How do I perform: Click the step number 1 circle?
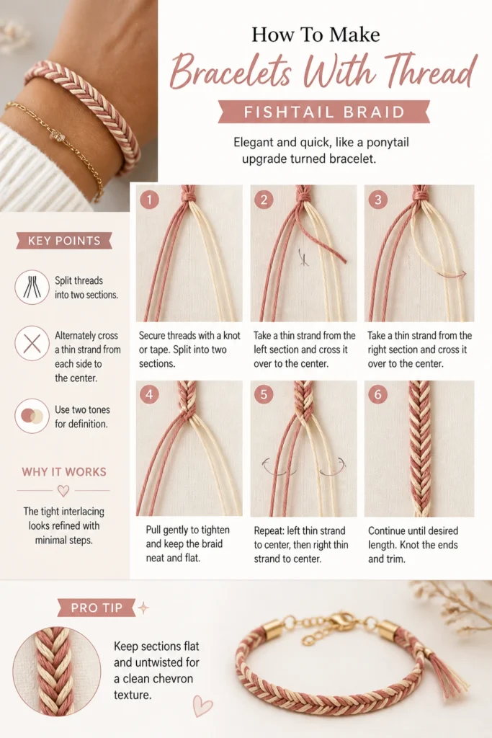click(149, 200)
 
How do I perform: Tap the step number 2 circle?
click(264, 200)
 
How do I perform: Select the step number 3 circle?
click(377, 200)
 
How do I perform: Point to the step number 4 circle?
click(149, 394)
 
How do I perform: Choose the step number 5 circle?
click(264, 394)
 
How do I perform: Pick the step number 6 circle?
click(377, 394)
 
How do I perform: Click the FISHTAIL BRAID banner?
click(324, 112)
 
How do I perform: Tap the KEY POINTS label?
click(64, 241)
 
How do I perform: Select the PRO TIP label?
click(97, 608)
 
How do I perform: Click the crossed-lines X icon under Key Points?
click(32, 343)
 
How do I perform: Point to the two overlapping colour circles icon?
click(32, 416)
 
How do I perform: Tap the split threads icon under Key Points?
click(32, 287)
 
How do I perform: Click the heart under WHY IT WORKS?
click(63, 491)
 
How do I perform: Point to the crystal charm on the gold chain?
click(58, 136)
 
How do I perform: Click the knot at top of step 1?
click(189, 193)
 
